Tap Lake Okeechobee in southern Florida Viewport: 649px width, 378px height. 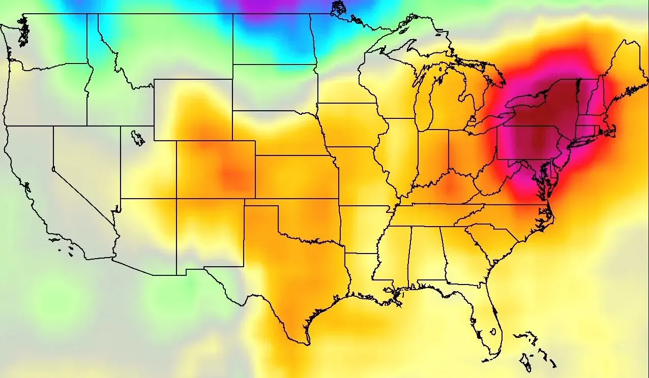coord(492,332)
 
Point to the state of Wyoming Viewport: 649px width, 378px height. coord(193,109)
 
